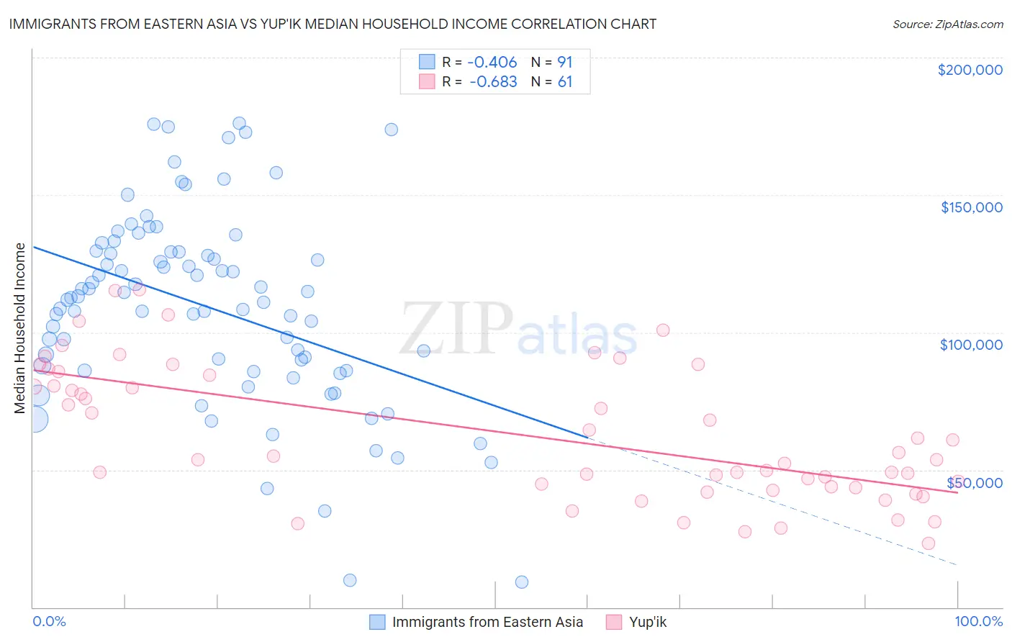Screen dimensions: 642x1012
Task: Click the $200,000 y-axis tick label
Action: [x=970, y=70]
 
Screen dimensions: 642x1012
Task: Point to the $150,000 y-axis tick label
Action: [x=971, y=207]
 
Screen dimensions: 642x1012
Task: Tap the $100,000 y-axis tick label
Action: [x=971, y=345]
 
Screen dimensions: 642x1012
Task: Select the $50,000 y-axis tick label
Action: [x=974, y=483]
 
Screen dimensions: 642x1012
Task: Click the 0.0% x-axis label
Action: [x=49, y=622]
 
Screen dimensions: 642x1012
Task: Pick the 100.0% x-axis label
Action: [x=978, y=622]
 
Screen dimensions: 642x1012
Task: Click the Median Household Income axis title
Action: [x=20, y=328]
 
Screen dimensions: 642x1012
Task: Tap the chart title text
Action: [x=333, y=24]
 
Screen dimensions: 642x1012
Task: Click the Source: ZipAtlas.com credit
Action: [x=947, y=24]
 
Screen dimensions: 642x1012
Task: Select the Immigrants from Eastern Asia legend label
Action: [x=487, y=622]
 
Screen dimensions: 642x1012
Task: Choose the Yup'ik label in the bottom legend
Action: [x=648, y=622]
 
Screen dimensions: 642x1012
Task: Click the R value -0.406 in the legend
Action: [x=492, y=63]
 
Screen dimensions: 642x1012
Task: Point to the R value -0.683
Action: [x=493, y=82]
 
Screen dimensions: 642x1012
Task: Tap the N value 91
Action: [x=565, y=63]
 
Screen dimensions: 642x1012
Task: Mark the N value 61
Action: [x=565, y=82]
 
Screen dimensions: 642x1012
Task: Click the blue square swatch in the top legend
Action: [x=428, y=62]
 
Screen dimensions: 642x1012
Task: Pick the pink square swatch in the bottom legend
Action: [x=613, y=622]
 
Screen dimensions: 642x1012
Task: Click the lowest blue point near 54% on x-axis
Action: [x=522, y=582]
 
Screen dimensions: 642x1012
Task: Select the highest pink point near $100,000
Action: [x=663, y=330]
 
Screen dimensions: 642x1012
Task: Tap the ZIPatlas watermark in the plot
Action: [x=518, y=330]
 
